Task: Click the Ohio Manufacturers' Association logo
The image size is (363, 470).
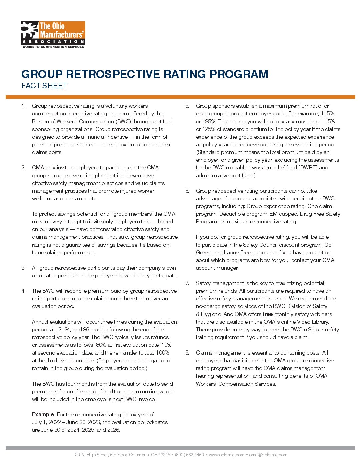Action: click(53, 35)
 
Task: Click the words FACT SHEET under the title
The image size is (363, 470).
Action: click(44, 86)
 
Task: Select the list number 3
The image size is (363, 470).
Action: click(23, 268)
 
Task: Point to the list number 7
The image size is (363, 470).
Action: click(187, 283)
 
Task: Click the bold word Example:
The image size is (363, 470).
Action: click(43, 414)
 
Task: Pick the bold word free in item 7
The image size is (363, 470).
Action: click(268, 314)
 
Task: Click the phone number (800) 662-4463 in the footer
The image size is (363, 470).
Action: click(190, 455)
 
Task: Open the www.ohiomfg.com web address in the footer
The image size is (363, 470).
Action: click(227, 455)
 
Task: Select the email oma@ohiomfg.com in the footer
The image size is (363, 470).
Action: click(268, 455)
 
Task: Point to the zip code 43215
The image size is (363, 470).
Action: click(165, 455)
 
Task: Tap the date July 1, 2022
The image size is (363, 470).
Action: click(46, 422)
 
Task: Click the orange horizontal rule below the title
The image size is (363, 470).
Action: click(180, 97)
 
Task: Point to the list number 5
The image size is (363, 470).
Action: click(187, 106)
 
